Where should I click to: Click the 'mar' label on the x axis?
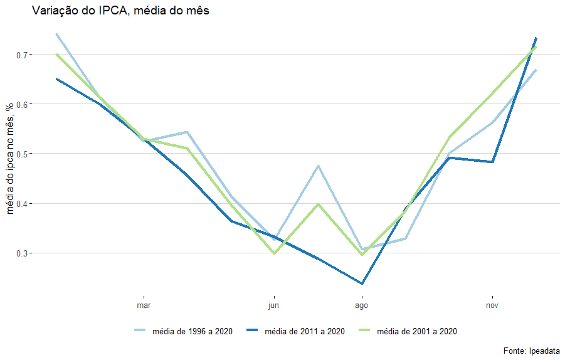pyautogui.click(x=144, y=306)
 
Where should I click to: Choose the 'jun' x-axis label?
pyautogui.click(x=274, y=306)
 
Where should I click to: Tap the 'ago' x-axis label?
pyautogui.click(x=362, y=306)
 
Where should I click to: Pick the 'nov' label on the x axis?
pyautogui.click(x=492, y=306)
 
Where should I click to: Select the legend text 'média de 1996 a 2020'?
pyautogui.click(x=193, y=331)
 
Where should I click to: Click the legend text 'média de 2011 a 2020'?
pyautogui.click(x=305, y=331)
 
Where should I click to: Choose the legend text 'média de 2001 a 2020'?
pyautogui.click(x=417, y=331)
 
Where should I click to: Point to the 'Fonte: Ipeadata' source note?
pyautogui.click(x=531, y=351)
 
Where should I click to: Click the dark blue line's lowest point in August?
pyautogui.click(x=362, y=283)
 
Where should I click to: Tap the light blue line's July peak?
pyautogui.click(x=319, y=166)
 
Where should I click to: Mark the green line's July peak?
pyautogui.click(x=319, y=204)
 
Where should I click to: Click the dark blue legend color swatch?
pyautogui.click(x=253, y=331)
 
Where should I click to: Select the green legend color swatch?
pyautogui.click(x=365, y=331)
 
